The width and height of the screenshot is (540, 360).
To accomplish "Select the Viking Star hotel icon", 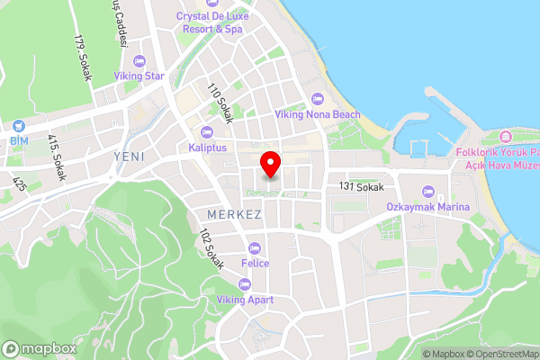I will [x=138, y=60].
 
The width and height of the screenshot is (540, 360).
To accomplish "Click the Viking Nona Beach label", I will [x=317, y=114].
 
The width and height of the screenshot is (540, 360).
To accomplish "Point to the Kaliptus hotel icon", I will [x=207, y=131].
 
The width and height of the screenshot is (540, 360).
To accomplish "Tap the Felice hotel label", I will [x=255, y=263].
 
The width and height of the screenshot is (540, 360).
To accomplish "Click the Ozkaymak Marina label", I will [x=427, y=208].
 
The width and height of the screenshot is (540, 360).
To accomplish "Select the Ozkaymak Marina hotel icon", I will [x=427, y=192].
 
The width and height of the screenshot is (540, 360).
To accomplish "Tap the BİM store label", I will [x=19, y=141].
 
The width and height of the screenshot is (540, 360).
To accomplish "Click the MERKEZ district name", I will [x=234, y=215].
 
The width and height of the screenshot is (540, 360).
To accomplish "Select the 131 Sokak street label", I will [x=362, y=186].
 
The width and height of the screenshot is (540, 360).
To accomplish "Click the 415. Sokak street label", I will [x=57, y=158].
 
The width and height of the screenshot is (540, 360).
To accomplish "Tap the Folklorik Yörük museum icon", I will [x=502, y=137].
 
